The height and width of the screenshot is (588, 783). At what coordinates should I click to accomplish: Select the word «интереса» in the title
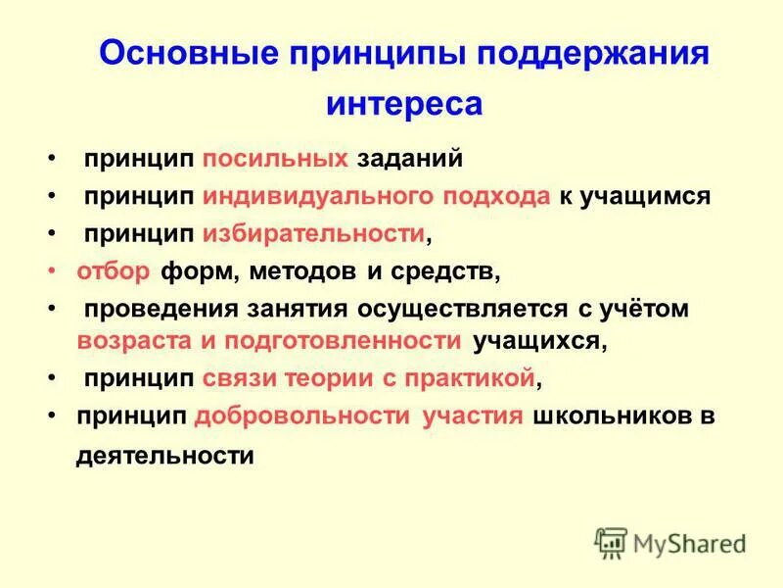tap(403, 103)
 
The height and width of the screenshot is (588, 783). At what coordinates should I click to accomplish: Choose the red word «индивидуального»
tap(317, 196)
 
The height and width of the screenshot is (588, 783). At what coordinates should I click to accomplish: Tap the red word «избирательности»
tap(314, 233)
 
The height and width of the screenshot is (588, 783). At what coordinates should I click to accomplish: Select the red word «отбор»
tap(112, 270)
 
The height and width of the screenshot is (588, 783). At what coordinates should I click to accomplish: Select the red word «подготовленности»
tap(342, 341)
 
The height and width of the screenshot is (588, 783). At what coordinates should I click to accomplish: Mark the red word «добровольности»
tap(302, 416)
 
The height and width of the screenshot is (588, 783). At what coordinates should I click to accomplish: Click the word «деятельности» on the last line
tap(164, 456)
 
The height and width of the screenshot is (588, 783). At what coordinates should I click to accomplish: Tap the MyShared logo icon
tap(611, 543)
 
